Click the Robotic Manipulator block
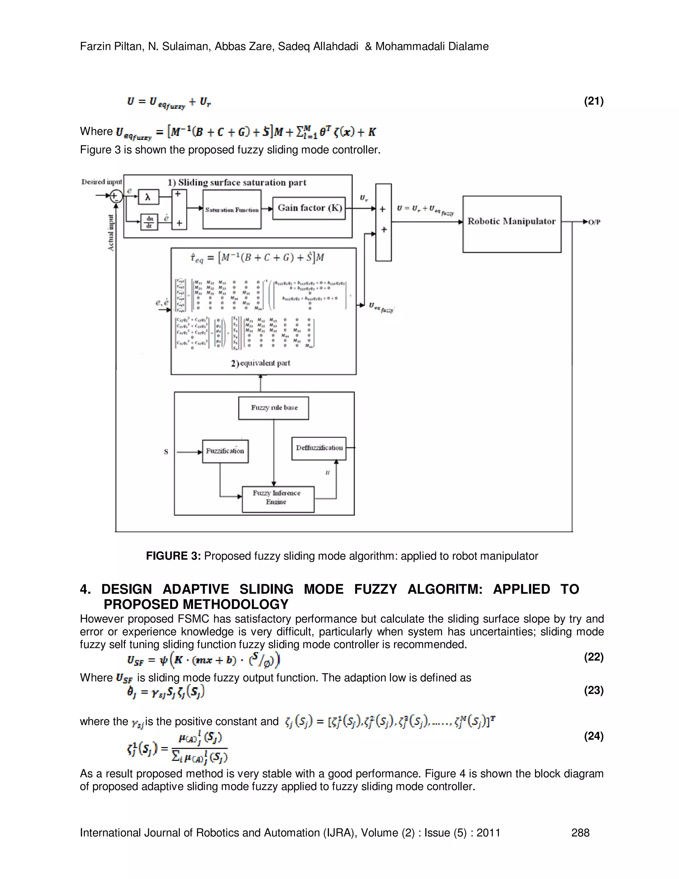[x=512, y=224]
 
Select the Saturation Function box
[x=232, y=209]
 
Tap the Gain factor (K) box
[x=309, y=208]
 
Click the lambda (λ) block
[x=148, y=197]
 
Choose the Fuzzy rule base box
[x=274, y=408]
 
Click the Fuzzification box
[x=225, y=451]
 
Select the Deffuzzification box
[x=319, y=448]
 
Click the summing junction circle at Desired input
[x=116, y=196]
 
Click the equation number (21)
[x=593, y=101]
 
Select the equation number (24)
[x=593, y=736]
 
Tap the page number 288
[x=580, y=833]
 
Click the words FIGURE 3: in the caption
[x=173, y=556]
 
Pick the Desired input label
[x=101, y=182]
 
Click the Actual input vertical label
[x=111, y=233]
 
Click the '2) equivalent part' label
[x=260, y=363]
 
